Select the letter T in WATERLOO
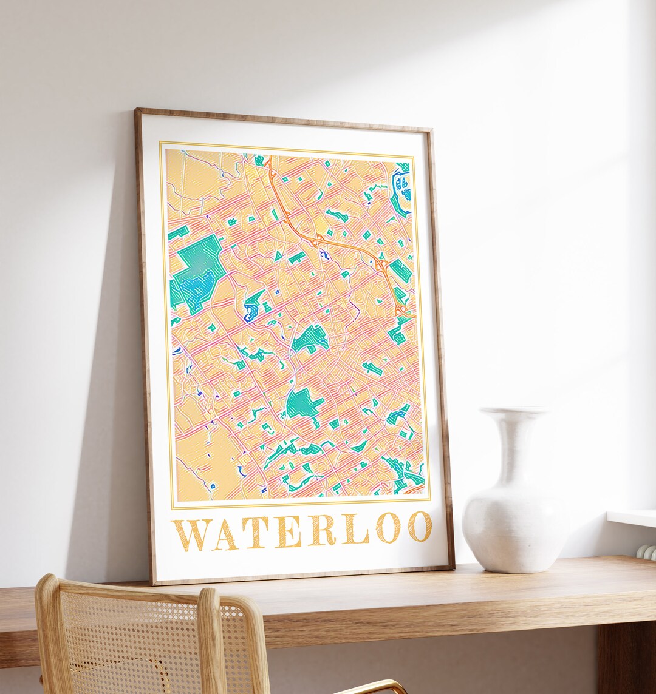coord(256,532)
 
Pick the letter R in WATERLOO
coord(321,530)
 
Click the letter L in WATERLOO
coord(354,529)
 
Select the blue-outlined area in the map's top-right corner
coord(401,185)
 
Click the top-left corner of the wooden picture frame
coord(137,111)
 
